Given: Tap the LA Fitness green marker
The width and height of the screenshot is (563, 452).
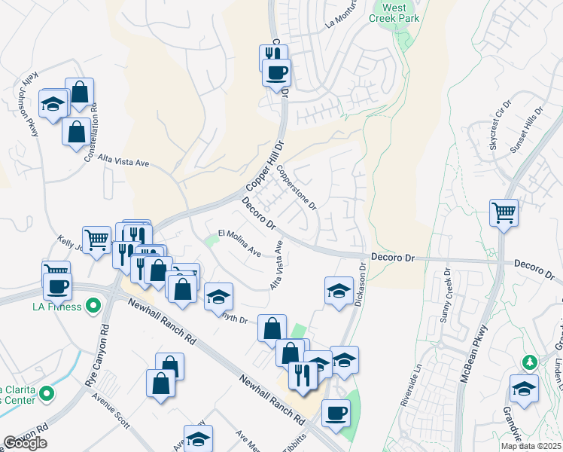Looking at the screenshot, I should point(93,307).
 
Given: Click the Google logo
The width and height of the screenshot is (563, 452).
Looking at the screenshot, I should point(25,443).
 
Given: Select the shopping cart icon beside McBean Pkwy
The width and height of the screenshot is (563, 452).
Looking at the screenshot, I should point(504,212).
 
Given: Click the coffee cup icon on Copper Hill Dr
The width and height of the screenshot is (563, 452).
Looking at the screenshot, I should point(276,73).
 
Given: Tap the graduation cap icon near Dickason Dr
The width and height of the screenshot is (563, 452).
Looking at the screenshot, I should point(339,290).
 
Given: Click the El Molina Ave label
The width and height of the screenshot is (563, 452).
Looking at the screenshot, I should point(239,243).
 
